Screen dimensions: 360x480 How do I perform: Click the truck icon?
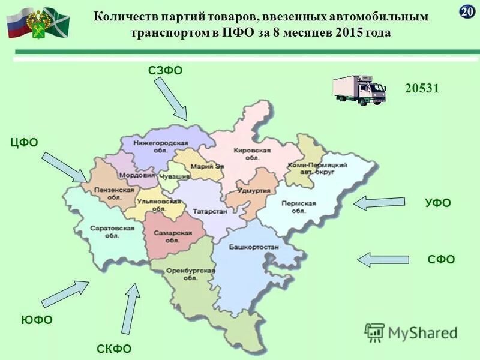pyautogui.click(x=359, y=90)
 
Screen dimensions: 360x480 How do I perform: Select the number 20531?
pyautogui.click(x=422, y=88)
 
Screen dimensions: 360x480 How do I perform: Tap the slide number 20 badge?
pyautogui.click(x=467, y=11)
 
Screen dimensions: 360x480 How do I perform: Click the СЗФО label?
pyautogui.click(x=165, y=71)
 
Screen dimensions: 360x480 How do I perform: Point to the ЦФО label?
pyautogui.click(x=24, y=142)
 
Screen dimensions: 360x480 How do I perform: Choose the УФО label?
pyautogui.click(x=437, y=203)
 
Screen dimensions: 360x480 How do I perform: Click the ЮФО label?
pyautogui.click(x=37, y=320)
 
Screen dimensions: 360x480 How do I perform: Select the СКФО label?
pyautogui.click(x=114, y=349)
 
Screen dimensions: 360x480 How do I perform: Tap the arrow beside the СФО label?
pyautogui.click(x=383, y=259)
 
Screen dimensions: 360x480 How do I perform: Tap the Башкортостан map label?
pyautogui.click(x=254, y=247)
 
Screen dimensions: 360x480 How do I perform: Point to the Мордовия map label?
pyautogui.click(x=139, y=176)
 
